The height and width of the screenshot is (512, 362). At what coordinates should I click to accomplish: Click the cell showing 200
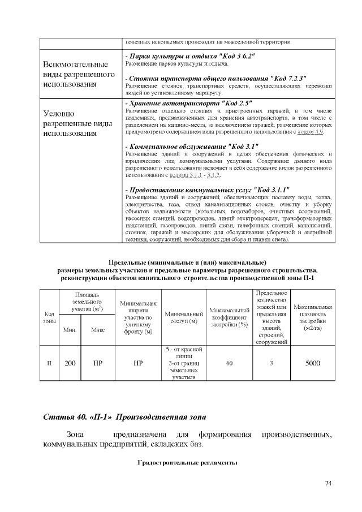70,363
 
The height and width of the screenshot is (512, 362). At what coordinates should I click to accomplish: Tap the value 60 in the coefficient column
229,363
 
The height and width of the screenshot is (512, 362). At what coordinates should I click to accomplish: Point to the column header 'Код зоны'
49,317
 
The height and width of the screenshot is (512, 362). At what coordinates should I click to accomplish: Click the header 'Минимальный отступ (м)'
184,317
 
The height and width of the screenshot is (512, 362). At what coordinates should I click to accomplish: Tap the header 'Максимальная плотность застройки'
312,317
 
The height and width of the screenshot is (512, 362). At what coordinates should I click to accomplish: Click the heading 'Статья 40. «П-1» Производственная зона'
124,417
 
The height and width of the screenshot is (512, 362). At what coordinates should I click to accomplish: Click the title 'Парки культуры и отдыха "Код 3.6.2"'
191,57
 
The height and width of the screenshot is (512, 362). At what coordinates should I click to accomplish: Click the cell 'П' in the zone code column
49,363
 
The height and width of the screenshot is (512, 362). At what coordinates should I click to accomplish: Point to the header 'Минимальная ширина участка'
138,317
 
